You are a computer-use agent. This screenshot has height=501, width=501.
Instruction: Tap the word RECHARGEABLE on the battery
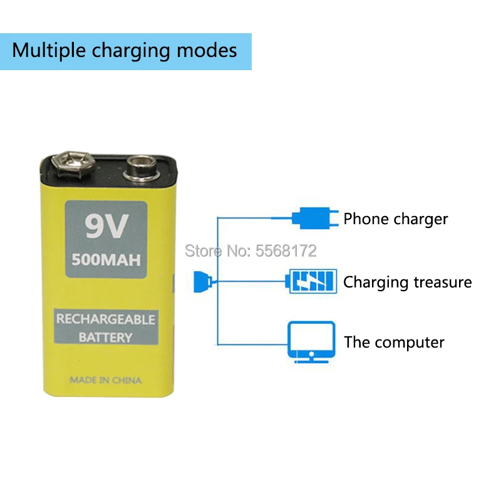(105, 319)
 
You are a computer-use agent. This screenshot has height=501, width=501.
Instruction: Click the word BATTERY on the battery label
(105, 337)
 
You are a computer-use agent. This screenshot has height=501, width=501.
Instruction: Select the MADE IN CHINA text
(105, 380)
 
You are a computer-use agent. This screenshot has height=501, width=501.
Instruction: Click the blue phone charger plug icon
(313, 218)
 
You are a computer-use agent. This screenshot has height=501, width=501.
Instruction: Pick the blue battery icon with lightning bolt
(311, 281)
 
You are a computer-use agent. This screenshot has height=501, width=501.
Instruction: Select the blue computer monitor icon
(311, 341)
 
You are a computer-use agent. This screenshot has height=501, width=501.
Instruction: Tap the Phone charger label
(396, 219)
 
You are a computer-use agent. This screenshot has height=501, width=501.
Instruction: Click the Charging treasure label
(407, 282)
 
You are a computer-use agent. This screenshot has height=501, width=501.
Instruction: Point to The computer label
(394, 343)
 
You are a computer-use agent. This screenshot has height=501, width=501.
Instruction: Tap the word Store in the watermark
(203, 251)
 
